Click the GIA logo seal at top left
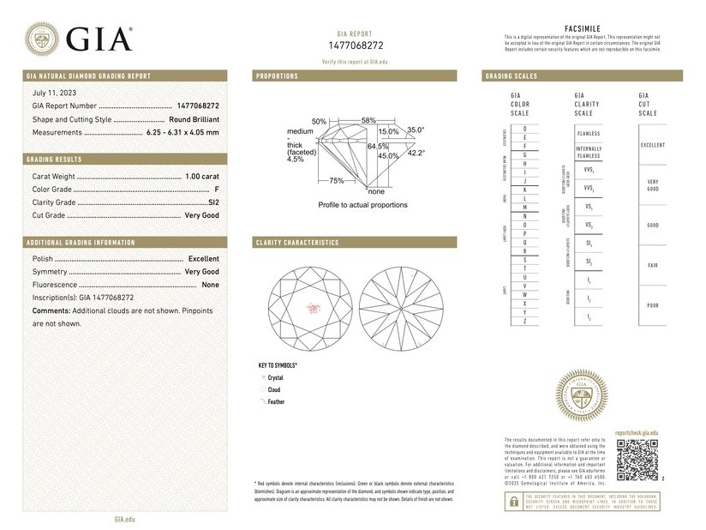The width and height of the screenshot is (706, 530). [43, 39]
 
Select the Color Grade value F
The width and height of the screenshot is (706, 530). [217, 189]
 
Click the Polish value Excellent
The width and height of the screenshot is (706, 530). [203, 258]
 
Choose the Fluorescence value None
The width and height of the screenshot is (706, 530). [210, 284]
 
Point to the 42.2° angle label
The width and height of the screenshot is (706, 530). [416, 153]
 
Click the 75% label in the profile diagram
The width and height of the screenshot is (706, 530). [336, 181]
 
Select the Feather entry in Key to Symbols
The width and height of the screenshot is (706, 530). [276, 401]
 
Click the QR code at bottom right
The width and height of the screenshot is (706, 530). [637, 460]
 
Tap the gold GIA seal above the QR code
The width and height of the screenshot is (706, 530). [582, 394]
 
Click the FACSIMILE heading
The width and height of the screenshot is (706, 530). [582, 28]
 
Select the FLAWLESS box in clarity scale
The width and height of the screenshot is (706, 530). [589, 134]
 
